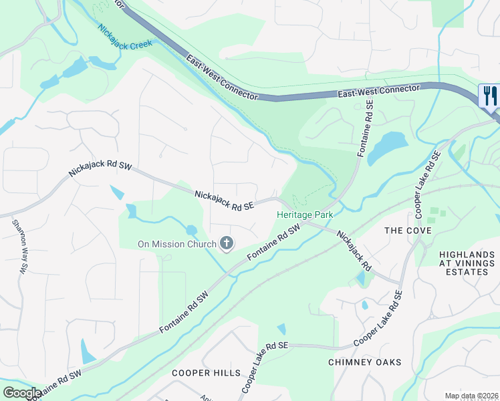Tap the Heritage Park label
pos(305,215)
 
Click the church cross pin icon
pos(226,244)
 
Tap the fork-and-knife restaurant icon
pos(489,96)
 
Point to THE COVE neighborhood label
pos(408,231)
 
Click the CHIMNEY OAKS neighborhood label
pos(365,362)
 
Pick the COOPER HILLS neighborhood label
pos(201,372)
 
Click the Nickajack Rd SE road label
pos(225,200)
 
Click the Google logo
pos(21,393)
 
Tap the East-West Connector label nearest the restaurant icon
pos(378,92)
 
